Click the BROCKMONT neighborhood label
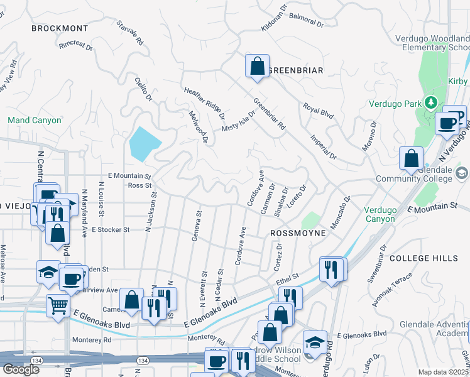pos(60,28)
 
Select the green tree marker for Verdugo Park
pos(430,102)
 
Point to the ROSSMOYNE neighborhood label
pos(298,232)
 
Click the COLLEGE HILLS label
pos(423,258)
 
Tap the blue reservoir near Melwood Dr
pos(143,143)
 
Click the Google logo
pos(21,369)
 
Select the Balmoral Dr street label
pos(308,23)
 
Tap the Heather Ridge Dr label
pos(204,103)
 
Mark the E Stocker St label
pos(111,230)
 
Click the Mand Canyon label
pos(35,120)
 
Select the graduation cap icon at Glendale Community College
pos(462,172)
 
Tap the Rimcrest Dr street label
pos(75,46)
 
